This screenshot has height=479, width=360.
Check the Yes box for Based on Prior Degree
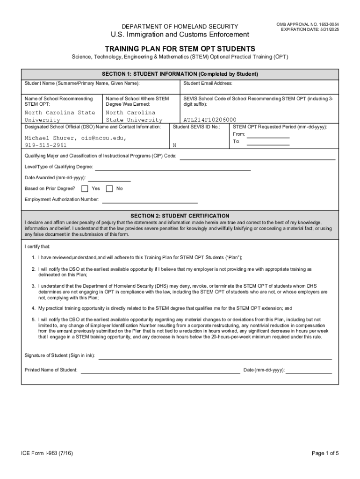tap(85, 189)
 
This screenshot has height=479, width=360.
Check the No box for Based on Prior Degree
tap(109, 189)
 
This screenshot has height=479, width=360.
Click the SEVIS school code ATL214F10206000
tap(210, 120)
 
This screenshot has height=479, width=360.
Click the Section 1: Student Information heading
tap(180, 74)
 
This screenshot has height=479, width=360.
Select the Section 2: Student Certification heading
tap(180, 216)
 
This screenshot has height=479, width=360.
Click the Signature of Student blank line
tap(215, 358)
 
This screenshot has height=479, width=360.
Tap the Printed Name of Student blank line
tap(160, 373)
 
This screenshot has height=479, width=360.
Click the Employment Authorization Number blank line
tap(150, 203)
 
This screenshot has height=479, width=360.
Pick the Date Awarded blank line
tap(109, 181)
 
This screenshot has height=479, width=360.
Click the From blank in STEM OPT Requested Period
tap(268, 138)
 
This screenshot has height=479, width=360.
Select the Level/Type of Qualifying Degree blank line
tap(173, 170)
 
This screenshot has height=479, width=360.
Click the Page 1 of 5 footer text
tap(325, 453)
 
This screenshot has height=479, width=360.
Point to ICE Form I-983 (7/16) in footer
tap(47, 453)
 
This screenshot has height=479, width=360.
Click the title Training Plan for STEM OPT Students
tap(180, 49)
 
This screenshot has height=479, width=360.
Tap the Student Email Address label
tap(208, 83)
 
